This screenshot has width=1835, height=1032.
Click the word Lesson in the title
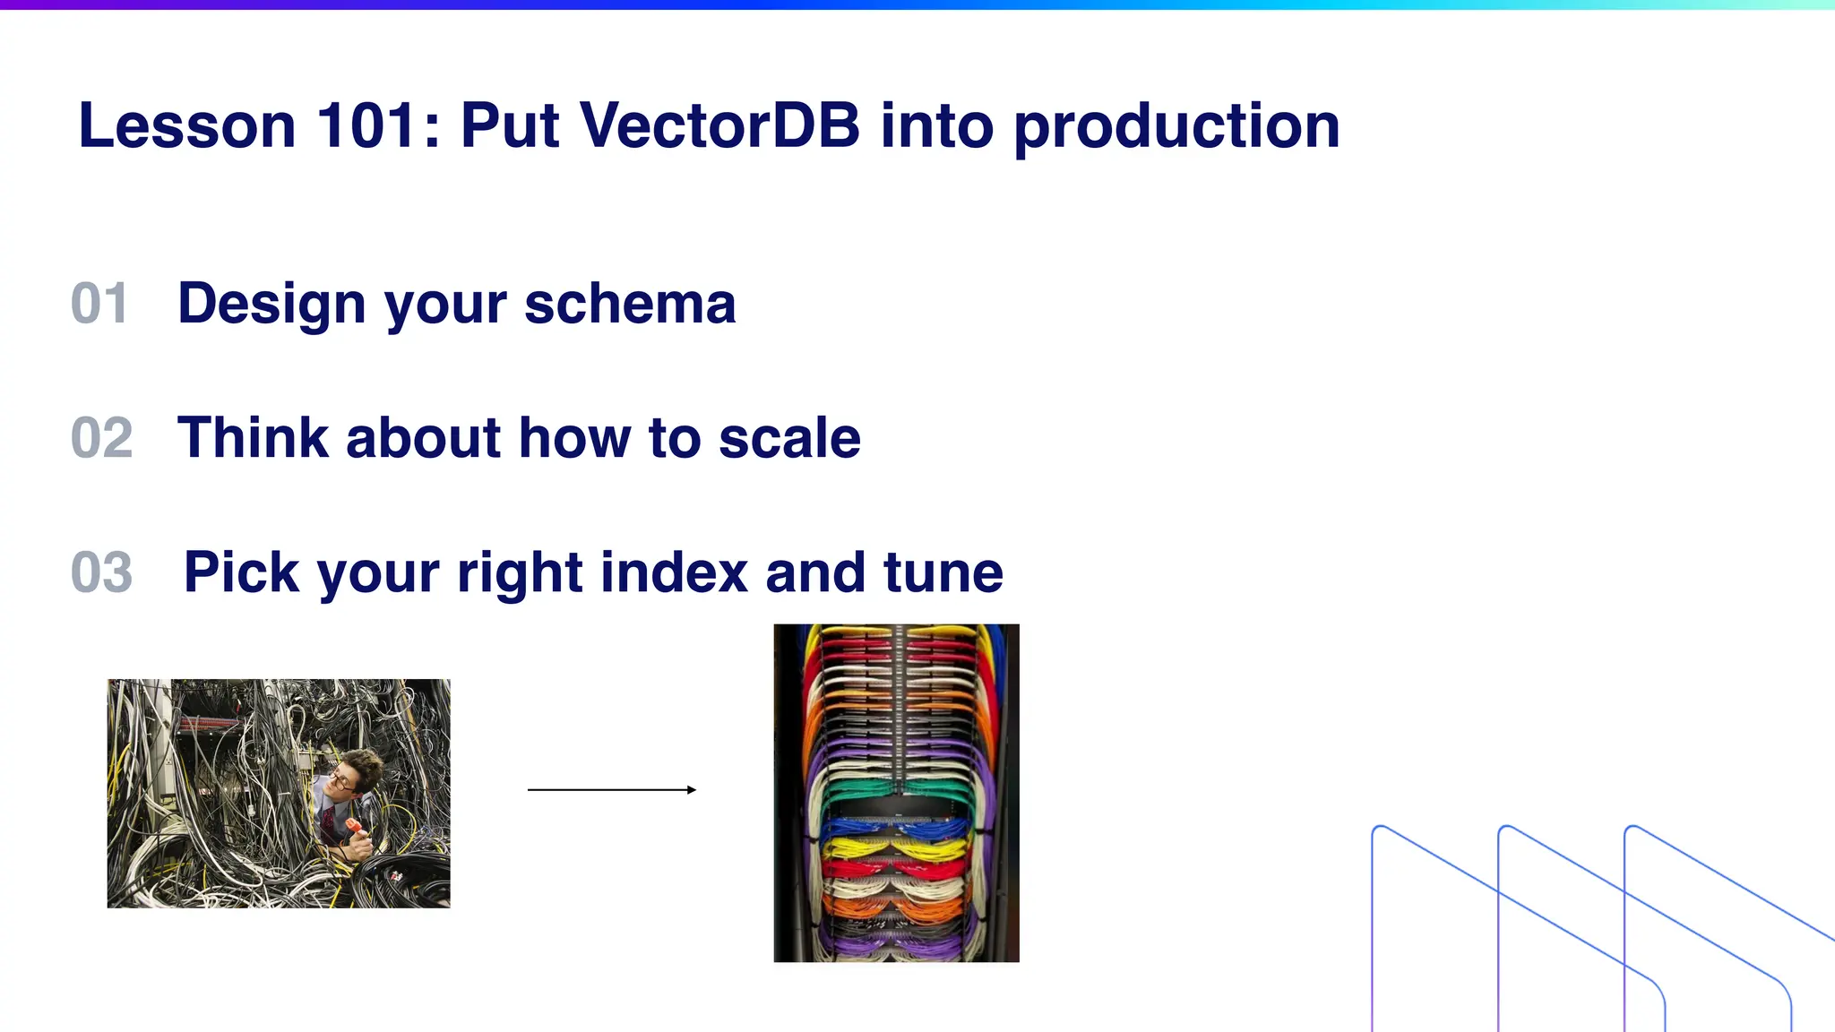(x=186, y=125)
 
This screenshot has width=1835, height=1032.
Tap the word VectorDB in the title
(x=720, y=125)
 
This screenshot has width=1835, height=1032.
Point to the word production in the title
(x=1176, y=127)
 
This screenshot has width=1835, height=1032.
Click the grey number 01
(x=99, y=304)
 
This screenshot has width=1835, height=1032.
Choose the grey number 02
(x=101, y=438)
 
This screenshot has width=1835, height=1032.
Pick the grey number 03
(x=101, y=572)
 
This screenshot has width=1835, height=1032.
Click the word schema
(x=630, y=304)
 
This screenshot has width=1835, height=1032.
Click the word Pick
(x=240, y=572)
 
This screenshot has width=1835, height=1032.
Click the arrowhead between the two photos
(x=691, y=789)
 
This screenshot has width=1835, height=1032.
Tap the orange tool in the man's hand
(x=355, y=825)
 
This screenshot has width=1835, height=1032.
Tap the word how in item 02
(x=573, y=438)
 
